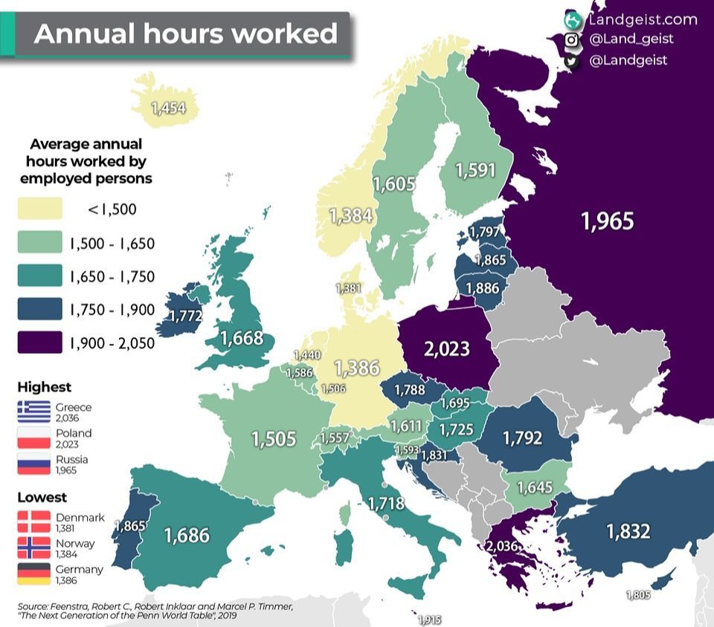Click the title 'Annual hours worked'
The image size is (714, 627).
(x=185, y=34)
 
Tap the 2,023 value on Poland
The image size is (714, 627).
(x=446, y=348)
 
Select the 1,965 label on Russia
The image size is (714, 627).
(x=607, y=221)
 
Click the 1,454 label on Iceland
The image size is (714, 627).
(x=168, y=108)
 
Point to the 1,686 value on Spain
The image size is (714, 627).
(x=187, y=534)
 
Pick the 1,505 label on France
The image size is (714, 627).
(x=274, y=438)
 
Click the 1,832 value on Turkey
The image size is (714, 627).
(x=628, y=531)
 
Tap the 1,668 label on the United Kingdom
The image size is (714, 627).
(x=241, y=338)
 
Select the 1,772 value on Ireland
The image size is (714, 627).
(x=185, y=316)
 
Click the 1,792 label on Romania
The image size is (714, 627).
(x=522, y=438)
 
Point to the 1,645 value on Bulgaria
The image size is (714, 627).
(x=534, y=487)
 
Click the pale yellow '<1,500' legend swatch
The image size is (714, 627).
(x=39, y=209)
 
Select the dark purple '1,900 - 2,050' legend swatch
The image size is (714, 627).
(x=39, y=343)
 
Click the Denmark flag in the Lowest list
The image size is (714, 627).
(x=33, y=522)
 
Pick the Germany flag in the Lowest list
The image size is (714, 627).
(x=33, y=574)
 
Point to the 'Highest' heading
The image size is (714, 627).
(x=44, y=387)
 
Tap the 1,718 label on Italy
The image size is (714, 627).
(x=386, y=504)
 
